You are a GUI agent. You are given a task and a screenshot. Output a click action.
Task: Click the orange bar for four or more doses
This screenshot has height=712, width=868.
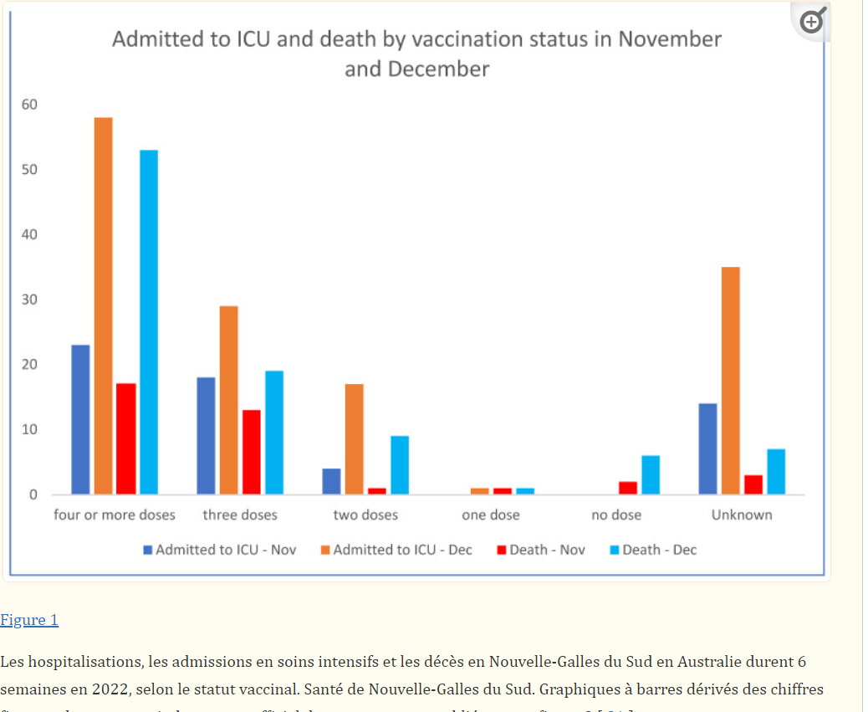(103, 305)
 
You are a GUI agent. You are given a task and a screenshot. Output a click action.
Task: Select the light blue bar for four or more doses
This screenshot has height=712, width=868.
(149, 322)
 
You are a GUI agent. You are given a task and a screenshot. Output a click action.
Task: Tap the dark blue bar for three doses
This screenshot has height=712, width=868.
(206, 435)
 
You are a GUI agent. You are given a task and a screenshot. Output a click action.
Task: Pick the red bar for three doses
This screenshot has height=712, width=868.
(252, 452)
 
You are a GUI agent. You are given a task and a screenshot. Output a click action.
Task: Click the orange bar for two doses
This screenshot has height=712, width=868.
(354, 438)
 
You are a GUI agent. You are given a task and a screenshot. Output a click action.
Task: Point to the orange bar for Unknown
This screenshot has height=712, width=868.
(730, 381)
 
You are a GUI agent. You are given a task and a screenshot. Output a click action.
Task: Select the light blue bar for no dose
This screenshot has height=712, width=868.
(651, 474)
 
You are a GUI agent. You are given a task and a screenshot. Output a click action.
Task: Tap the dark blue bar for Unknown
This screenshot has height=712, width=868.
(707, 448)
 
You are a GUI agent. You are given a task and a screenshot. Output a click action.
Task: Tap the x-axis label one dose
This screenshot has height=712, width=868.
(491, 515)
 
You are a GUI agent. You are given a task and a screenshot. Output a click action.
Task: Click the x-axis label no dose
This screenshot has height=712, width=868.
(616, 515)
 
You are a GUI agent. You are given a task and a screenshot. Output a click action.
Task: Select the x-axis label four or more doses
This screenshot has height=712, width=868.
(115, 515)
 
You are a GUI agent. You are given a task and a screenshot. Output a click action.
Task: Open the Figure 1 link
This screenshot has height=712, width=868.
(29, 620)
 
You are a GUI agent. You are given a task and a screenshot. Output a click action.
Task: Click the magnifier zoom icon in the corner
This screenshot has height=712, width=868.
(812, 21)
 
